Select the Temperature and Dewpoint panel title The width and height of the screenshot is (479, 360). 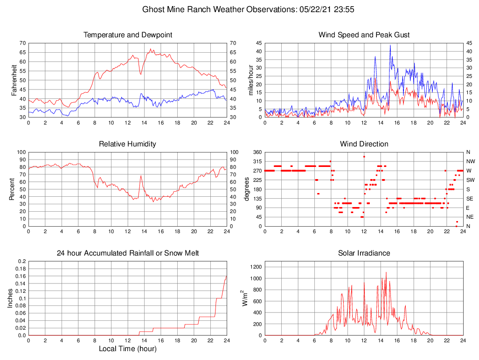click(x=127, y=35)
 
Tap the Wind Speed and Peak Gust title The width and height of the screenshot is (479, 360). click(x=364, y=35)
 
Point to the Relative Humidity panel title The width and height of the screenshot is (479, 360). click(x=127, y=144)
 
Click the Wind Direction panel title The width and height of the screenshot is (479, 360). click(x=364, y=144)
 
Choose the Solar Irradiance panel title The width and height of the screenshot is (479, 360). click(x=364, y=253)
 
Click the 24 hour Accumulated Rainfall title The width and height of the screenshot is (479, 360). click(x=127, y=253)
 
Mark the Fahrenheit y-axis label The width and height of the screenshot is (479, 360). click(x=14, y=80)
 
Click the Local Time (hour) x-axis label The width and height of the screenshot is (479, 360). click(x=127, y=348)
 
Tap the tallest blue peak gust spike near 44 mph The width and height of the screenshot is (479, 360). click(x=390, y=45)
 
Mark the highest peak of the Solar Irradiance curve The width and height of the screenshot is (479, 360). click(x=386, y=272)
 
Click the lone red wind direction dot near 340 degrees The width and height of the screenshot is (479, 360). click(x=364, y=157)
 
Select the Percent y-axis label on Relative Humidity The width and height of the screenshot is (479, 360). click(x=12, y=189)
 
